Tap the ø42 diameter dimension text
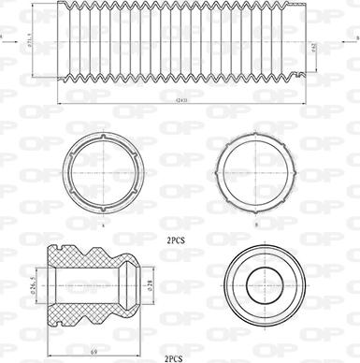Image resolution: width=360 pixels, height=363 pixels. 312,48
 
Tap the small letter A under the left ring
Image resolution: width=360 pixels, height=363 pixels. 105,225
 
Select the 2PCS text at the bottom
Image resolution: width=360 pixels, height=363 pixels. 174,356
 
